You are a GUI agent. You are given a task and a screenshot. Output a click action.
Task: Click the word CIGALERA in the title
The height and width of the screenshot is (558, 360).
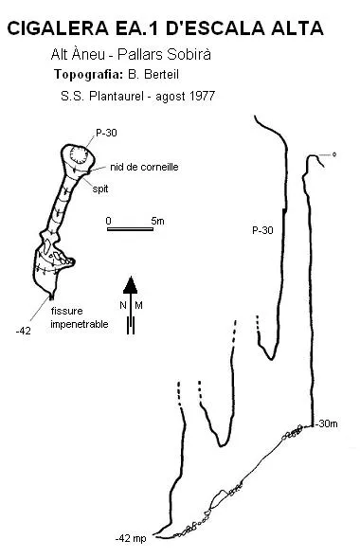click(x=58, y=28)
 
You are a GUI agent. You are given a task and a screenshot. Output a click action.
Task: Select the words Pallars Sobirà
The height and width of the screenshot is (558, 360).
click(x=164, y=54)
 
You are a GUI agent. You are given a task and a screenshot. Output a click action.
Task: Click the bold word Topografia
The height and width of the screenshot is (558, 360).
click(x=88, y=75)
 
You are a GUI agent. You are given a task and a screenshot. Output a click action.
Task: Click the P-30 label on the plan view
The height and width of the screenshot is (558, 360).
click(x=106, y=133)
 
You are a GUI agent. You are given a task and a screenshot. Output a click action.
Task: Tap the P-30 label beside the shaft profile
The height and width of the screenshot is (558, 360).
click(x=262, y=230)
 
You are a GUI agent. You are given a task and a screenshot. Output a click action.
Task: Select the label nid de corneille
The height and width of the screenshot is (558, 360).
click(x=144, y=167)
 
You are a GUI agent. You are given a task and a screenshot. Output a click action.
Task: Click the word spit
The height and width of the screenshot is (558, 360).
click(x=100, y=189)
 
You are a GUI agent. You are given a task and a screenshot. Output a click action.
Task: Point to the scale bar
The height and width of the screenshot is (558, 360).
click(x=130, y=229)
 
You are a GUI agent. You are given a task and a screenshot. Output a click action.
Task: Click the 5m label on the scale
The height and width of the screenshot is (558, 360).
click(x=157, y=221)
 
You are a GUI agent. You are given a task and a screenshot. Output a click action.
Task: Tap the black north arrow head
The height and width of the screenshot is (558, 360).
click(x=130, y=285)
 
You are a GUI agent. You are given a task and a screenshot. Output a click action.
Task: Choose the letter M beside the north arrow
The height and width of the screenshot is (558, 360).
click(x=138, y=305)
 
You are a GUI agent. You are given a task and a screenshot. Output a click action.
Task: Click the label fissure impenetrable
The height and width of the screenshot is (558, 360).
click(x=80, y=317)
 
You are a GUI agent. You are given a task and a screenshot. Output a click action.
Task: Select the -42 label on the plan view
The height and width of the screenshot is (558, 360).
click(x=24, y=331)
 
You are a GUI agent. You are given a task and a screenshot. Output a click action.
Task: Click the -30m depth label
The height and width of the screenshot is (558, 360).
click(x=327, y=423)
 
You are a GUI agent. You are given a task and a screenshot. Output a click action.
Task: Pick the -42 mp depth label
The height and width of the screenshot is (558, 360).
click(x=131, y=538)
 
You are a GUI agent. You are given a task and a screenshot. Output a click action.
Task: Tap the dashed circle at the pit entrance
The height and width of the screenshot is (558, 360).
click(x=79, y=154)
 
